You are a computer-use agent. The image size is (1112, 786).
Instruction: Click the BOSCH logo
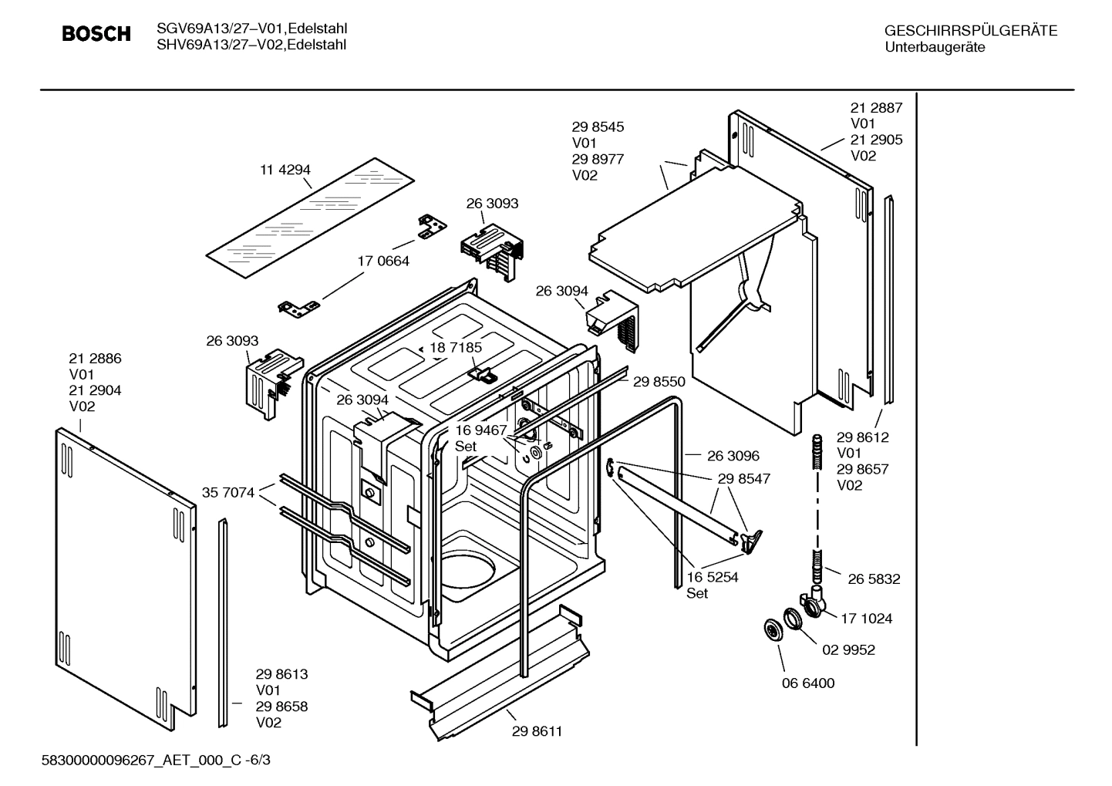(x=96, y=35)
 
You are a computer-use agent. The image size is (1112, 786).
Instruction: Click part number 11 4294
(x=285, y=170)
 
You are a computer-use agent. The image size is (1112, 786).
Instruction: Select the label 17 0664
(x=382, y=261)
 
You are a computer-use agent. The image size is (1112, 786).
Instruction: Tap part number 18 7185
(x=456, y=347)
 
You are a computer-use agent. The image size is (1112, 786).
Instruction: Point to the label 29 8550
(x=659, y=381)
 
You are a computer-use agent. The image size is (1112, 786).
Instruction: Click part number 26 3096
(x=733, y=456)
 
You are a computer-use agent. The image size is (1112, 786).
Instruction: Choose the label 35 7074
(x=227, y=492)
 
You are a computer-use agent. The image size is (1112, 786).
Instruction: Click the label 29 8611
(x=537, y=731)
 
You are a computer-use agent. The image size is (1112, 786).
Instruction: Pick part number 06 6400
(x=807, y=683)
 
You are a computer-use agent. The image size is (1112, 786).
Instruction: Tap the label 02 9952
(x=848, y=650)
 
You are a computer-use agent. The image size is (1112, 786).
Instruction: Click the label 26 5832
(x=874, y=579)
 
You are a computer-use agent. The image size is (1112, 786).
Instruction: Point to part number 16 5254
(x=712, y=577)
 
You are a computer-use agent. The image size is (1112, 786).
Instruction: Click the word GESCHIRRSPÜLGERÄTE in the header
(x=970, y=31)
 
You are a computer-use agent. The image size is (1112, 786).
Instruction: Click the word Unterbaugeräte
(x=935, y=47)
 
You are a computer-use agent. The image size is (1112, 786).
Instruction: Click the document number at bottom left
(x=156, y=761)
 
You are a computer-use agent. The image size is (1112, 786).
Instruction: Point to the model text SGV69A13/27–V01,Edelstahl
(x=251, y=29)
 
